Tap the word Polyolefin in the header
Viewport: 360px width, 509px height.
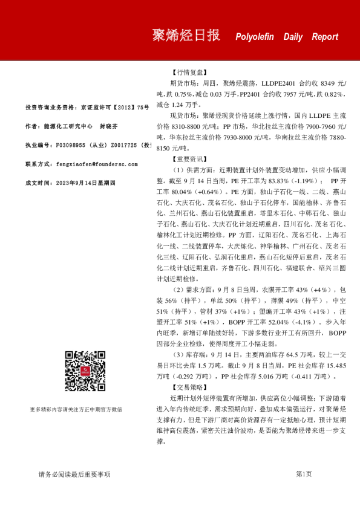[257, 37]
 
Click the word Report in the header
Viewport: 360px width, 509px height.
[325, 37]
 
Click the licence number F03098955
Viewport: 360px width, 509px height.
[75, 145]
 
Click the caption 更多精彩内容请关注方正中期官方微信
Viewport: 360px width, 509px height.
[84, 409]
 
